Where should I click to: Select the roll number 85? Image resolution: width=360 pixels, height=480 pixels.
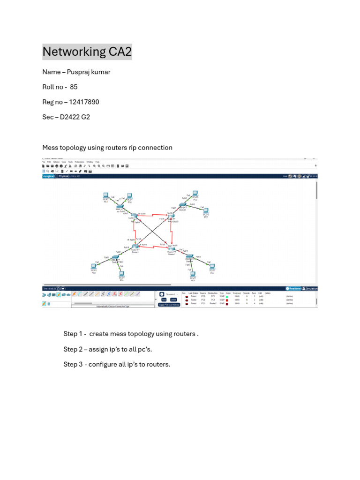click(74, 87)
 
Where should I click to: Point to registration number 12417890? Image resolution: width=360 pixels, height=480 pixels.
click(83, 102)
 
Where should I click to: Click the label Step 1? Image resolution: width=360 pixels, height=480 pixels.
click(73, 334)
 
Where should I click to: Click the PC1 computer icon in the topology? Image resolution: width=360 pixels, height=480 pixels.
click(106, 195)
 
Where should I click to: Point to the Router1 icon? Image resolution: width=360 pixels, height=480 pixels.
click(135, 247)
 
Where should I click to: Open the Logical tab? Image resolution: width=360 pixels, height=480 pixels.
click(49, 176)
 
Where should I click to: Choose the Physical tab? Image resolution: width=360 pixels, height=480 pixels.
click(63, 176)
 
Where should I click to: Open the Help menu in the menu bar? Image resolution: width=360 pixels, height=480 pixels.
click(97, 162)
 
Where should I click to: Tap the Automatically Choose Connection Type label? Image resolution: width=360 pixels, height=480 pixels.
click(112, 306)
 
